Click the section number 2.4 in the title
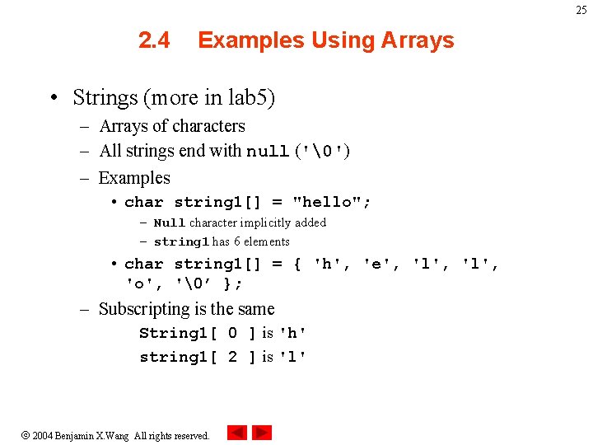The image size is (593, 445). tap(154, 40)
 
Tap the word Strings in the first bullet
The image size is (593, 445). tap(105, 98)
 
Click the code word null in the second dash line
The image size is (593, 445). tap(267, 152)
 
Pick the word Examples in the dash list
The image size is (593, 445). tap(134, 178)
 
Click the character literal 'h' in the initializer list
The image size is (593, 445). tap(329, 265)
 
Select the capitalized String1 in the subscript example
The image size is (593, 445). tap(173, 333)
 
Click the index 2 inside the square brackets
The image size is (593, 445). tap(232, 357)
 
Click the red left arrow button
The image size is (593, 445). tap(237, 433)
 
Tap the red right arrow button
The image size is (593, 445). tap(262, 433)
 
